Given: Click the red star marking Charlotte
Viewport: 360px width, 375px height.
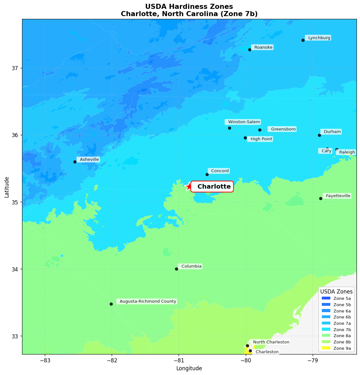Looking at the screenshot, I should (189, 186).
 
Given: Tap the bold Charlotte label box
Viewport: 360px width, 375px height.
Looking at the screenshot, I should (212, 187).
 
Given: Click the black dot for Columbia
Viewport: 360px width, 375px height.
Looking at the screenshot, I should (176, 269).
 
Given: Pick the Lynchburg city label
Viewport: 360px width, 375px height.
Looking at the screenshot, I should (319, 38).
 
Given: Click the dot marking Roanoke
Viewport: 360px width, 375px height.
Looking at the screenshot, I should (250, 50).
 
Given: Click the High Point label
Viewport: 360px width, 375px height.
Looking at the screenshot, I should (261, 139).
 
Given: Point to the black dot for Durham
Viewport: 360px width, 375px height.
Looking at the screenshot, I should (319, 135).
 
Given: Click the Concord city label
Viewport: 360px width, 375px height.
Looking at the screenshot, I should (220, 171).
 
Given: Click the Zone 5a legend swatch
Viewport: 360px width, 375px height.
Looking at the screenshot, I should (326, 298).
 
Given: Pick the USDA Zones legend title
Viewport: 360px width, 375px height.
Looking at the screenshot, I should (336, 292).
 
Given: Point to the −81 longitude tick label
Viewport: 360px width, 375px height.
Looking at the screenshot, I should (179, 360).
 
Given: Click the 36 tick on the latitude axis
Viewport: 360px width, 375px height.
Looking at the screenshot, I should (15, 135).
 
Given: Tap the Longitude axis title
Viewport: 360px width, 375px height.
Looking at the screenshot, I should (189, 368).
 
